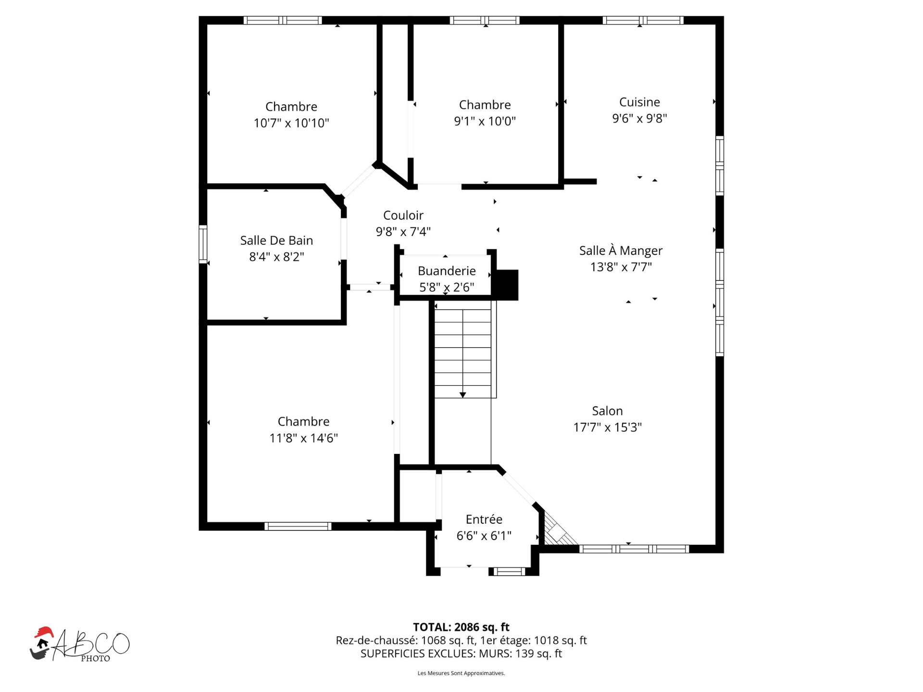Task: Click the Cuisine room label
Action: tap(639, 102)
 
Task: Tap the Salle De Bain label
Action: tap(276, 240)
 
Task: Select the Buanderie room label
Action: tap(447, 271)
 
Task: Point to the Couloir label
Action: tap(403, 215)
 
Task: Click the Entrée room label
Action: tap(484, 519)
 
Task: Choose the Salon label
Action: tap(607, 411)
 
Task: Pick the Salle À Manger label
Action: tap(621, 250)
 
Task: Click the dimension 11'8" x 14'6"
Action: tap(303, 438)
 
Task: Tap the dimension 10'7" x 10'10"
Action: tap(291, 123)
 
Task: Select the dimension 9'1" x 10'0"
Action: tap(485, 121)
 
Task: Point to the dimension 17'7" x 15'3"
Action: tap(607, 427)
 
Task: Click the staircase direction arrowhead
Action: tap(462, 395)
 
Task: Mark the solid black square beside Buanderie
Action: tap(507, 285)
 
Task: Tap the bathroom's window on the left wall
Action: tap(203, 244)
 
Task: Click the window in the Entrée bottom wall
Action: tap(509, 571)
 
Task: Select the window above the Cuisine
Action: tap(643, 20)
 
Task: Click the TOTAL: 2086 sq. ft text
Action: tap(461, 627)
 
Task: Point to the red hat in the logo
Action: tap(44, 632)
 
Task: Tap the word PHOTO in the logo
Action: tap(95, 658)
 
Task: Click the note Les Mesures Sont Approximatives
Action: tap(461, 673)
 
